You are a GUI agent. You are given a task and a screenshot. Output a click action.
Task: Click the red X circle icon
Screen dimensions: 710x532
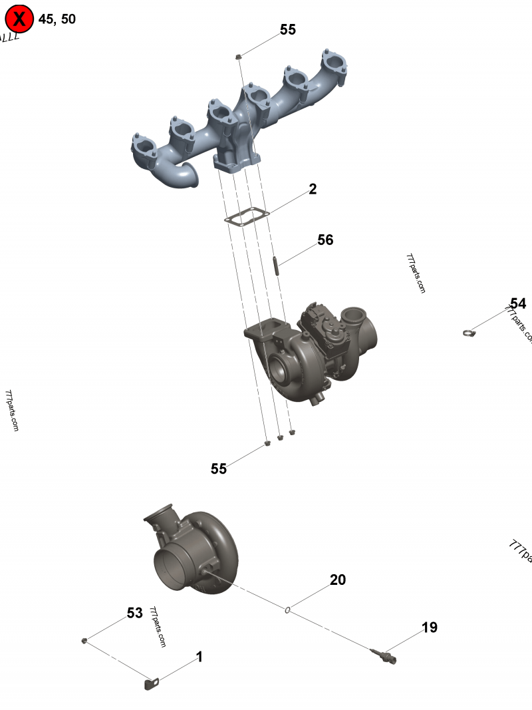pos(19,19)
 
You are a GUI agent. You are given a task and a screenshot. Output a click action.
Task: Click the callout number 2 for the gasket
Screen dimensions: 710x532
pos(313,190)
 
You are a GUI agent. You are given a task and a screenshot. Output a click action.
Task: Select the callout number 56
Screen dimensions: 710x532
pos(325,240)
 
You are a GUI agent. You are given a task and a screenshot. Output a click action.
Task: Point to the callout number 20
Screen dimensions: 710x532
pos(338,580)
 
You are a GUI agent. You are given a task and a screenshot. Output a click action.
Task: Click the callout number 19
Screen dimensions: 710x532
pos(430,627)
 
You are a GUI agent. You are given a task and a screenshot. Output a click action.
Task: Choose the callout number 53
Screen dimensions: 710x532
pos(135,613)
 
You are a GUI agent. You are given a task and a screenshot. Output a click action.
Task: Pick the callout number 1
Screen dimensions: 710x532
pos(199,657)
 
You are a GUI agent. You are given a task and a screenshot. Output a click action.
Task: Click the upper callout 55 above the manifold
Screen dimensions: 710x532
pos(288,30)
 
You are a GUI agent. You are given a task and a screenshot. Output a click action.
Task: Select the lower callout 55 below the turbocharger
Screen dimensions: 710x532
pos(219,469)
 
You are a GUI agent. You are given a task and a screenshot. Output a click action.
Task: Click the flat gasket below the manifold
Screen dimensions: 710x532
pos(246,217)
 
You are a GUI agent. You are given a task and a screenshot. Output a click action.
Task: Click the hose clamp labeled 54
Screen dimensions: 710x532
pos(469,333)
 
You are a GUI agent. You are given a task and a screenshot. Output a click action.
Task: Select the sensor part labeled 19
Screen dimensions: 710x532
pos(386,655)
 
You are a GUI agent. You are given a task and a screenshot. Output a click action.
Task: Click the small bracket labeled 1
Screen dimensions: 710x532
pos(152,683)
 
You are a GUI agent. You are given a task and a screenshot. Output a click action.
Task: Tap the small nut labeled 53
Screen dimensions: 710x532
pos(84,640)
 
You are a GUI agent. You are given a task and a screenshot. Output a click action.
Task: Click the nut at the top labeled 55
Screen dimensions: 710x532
pos(238,58)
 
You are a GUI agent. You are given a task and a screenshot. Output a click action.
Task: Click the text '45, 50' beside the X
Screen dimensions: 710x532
pos(57,19)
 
